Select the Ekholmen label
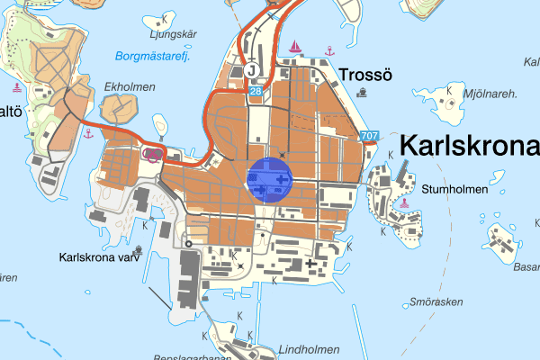(130, 87)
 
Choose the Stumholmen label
(454, 190)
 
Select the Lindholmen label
(283, 350)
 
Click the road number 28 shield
(256, 91)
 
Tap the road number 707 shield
(368, 136)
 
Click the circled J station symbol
(252, 69)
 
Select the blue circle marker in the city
(271, 181)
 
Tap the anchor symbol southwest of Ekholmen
(88, 134)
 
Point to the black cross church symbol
(311, 264)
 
